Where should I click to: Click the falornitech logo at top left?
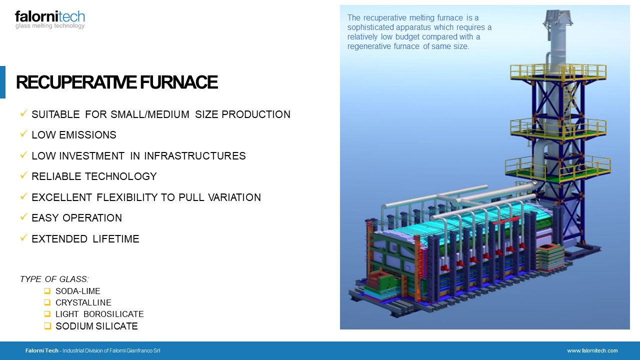tap(50, 19)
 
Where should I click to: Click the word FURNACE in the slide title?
tap(179, 82)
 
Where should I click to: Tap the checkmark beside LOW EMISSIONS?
tap(23, 133)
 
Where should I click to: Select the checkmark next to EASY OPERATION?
tap(23, 217)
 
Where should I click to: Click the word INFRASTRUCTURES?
tap(195, 156)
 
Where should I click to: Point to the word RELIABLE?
tap(56, 176)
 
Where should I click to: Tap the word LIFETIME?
tap(116, 239)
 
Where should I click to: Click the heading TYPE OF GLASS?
tap(54, 279)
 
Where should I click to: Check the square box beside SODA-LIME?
tap(47, 291)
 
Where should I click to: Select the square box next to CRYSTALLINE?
tap(47, 302)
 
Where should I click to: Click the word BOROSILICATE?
tap(113, 314)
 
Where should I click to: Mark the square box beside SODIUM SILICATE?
tap(47, 325)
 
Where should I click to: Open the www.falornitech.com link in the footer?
tap(592, 350)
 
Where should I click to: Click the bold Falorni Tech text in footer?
tap(41, 350)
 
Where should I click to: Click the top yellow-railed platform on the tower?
tap(558, 72)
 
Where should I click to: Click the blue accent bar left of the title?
tap(2, 82)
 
